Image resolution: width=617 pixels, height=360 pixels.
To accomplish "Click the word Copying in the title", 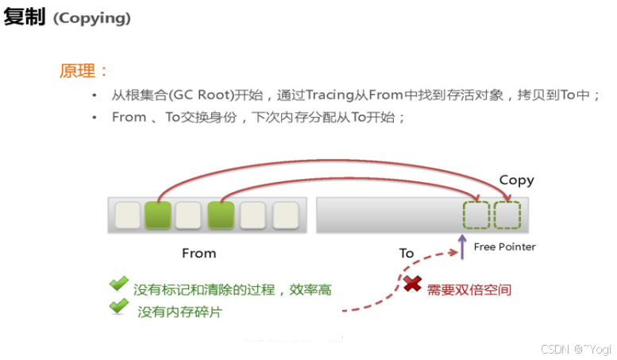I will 91,17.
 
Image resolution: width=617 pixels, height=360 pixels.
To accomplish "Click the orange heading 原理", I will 83,70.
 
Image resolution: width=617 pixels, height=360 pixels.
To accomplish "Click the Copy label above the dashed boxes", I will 516,180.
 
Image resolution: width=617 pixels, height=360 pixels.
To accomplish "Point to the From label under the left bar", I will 199,253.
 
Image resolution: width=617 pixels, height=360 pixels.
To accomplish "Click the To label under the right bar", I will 407,253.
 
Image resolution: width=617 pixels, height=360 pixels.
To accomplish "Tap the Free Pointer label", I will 504,246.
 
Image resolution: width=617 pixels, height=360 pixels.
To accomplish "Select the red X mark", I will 412,283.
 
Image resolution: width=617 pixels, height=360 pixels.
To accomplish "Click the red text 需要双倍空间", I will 469,290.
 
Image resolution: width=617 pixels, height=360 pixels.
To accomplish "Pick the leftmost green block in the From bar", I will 158,215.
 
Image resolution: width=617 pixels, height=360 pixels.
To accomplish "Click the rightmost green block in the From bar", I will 221,215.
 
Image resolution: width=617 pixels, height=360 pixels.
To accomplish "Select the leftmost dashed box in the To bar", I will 476,215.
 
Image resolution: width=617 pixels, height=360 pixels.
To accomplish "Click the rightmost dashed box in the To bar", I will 507,215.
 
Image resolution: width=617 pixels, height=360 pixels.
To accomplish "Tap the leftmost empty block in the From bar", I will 127,215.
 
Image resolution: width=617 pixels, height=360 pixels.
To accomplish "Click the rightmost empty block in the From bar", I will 286,215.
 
